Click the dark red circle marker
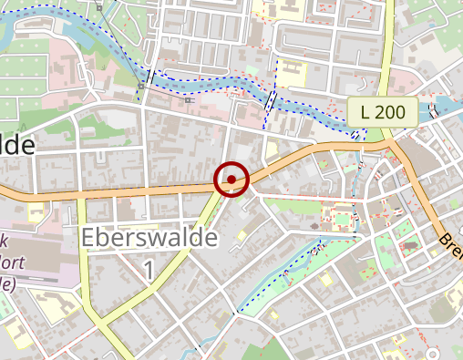point(231,180)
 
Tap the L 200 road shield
point(382,113)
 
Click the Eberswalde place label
point(149,238)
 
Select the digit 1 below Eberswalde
point(149,269)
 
